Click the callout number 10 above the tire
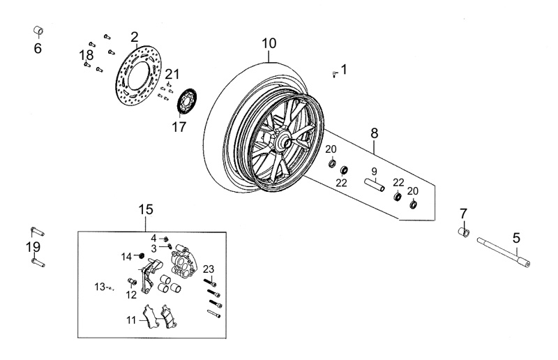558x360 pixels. tap(269, 43)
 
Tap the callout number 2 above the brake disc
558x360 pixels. tap(134, 37)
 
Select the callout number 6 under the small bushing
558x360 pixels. tap(38, 49)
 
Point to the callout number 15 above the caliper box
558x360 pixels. tap(145, 209)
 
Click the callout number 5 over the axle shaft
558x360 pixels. tap(516, 238)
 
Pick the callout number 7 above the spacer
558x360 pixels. tap(462, 213)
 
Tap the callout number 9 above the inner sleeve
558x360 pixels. tap(373, 172)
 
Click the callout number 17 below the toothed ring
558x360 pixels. tap(179, 127)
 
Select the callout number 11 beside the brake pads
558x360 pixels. tap(130, 320)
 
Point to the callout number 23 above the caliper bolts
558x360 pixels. tap(209, 269)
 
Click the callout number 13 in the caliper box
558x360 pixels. tap(99, 287)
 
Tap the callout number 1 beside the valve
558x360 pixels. tap(343, 69)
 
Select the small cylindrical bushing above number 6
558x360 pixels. tap(39, 31)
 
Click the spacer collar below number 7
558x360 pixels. tap(462, 232)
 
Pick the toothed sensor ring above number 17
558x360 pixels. tap(187, 102)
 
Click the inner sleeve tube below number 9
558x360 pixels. tap(373, 186)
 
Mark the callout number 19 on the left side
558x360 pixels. tap(33, 247)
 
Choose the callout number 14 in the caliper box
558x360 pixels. tap(126, 256)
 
